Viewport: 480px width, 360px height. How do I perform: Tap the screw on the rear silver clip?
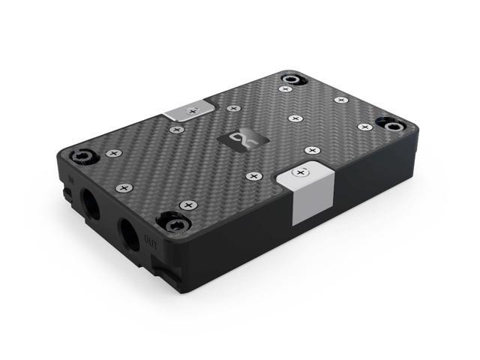point(193,111)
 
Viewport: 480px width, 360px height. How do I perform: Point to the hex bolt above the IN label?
point(82,157)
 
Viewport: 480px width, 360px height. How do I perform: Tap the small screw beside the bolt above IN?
point(112,153)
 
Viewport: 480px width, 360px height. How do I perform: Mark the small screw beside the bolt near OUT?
point(187,204)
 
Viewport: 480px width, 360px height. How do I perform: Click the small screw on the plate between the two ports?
point(123,187)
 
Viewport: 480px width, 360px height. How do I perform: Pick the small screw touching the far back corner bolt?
point(285,89)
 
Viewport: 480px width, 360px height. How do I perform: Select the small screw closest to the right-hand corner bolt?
point(364,127)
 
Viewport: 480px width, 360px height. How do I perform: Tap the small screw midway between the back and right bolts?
point(341,99)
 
